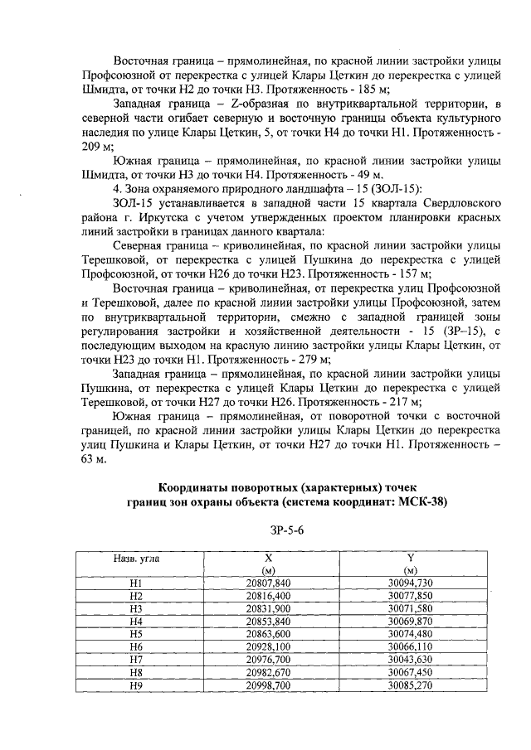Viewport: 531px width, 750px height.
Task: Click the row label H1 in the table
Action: click(x=137, y=583)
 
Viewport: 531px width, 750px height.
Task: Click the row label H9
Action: click(x=137, y=686)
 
